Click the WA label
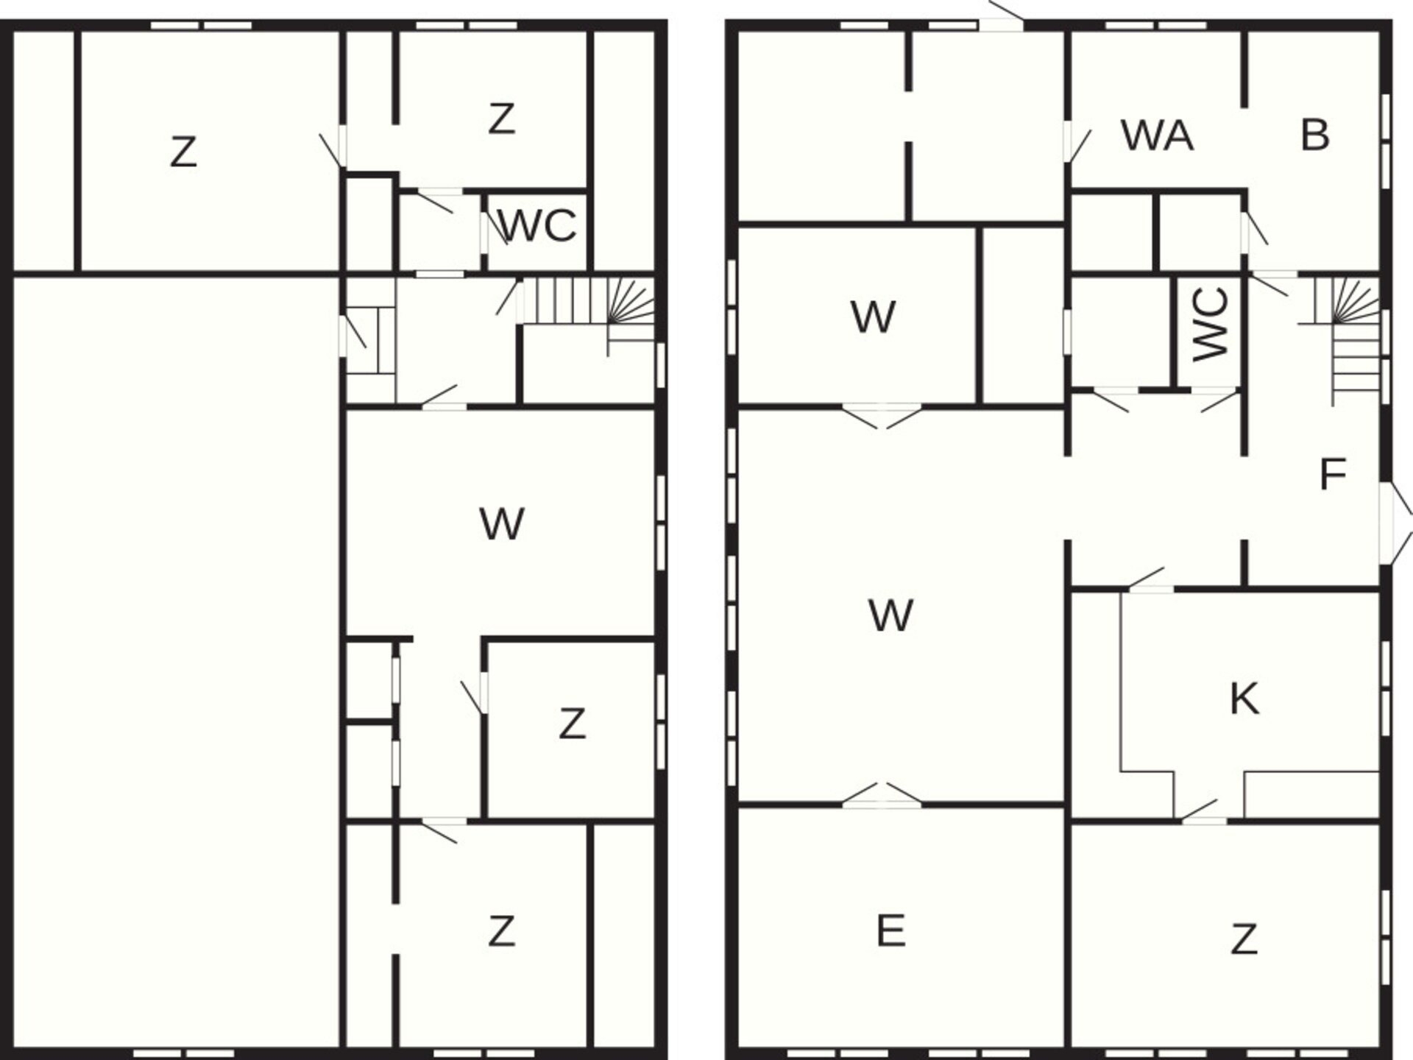1157,135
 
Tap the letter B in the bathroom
1315,135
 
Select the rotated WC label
1211,325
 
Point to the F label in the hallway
1333,475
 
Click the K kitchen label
1244,699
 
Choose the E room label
890,930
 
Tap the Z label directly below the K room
1244,939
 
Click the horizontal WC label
537,226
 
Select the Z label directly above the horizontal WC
501,119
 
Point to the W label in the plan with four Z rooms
502,524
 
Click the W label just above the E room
890,615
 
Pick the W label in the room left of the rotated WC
874,317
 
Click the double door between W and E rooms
882,798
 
